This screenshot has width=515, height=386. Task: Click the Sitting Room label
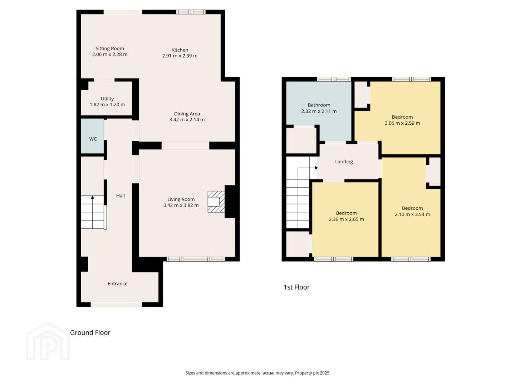point(109,49)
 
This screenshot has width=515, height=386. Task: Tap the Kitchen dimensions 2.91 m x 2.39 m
point(180,56)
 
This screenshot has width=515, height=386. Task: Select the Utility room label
point(107,99)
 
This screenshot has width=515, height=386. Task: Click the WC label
point(93,139)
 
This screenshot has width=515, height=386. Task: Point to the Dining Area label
point(187,114)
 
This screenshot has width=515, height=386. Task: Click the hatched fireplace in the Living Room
point(216,202)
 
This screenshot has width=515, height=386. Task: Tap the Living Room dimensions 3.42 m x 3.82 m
point(181,205)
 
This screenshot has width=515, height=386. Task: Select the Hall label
point(121,196)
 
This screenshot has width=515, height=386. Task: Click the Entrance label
point(117,283)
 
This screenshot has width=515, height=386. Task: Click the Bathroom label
point(319,105)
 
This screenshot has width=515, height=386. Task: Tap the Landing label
point(344,162)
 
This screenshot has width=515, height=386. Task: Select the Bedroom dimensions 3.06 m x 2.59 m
point(402,123)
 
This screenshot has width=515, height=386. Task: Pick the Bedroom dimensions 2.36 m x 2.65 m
point(346,219)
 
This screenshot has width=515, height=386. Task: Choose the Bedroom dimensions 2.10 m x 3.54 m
point(412,214)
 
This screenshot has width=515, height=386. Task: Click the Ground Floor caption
point(90,332)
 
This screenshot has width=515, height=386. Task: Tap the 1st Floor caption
point(296,287)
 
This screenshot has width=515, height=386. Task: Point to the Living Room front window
point(196,259)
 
